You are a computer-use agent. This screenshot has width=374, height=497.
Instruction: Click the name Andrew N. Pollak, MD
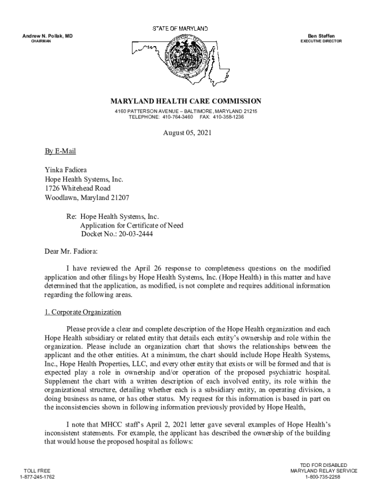(x=48, y=35)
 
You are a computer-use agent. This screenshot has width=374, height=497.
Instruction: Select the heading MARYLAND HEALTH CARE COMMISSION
(x=186, y=101)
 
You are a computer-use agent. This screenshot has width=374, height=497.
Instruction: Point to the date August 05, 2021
(x=187, y=133)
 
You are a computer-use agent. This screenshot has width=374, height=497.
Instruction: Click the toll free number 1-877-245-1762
(x=37, y=477)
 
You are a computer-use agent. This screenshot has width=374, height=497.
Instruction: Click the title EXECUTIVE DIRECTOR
(x=321, y=41)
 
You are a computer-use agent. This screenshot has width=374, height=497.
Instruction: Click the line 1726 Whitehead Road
(x=78, y=188)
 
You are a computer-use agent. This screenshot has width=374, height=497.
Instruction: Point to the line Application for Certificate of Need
(x=132, y=226)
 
